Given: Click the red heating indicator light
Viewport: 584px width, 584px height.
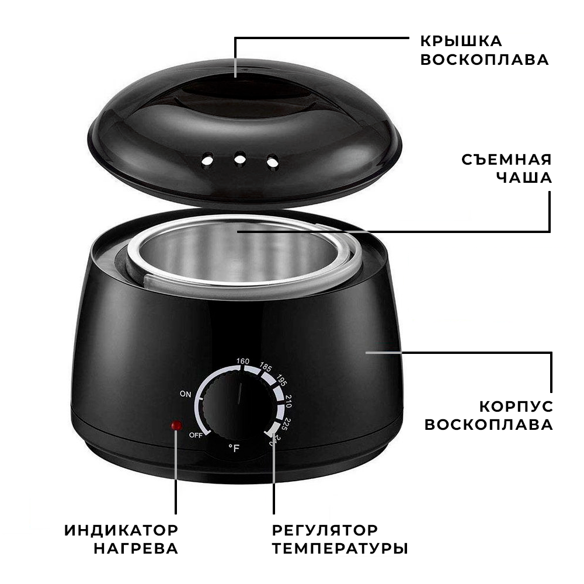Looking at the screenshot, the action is coord(176,425).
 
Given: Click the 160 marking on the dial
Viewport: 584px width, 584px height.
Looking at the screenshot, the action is coord(243,361).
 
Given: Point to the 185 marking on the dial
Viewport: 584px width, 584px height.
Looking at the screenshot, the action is coord(266,367).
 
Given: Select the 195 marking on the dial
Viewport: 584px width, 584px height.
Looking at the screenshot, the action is coord(281,380).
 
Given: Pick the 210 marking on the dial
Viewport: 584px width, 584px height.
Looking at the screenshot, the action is coord(288,401).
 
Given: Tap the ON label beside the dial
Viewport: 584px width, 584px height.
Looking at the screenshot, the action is coord(185,394).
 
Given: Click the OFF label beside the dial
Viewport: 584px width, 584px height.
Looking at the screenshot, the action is coord(196,434).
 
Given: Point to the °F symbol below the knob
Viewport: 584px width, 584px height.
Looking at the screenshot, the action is coord(234,448).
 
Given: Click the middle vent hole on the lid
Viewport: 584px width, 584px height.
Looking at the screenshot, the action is coord(240,159).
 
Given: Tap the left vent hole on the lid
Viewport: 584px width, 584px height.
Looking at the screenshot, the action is coord(207,160).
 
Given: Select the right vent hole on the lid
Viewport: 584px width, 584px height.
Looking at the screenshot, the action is coord(273,161).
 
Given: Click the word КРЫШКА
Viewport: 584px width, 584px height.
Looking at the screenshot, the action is coord(461,41).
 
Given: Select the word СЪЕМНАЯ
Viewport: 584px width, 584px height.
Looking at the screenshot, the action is coord(506,159).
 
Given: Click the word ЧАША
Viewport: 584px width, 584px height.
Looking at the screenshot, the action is coord(524,178).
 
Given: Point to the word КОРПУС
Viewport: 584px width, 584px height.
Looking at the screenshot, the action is coord(516,406).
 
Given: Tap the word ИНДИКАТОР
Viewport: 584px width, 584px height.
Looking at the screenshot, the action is coord(121,530).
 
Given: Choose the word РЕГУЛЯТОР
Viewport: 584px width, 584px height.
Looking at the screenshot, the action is coord(325,530).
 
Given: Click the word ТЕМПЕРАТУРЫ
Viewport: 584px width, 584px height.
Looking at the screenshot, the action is coord(340,548).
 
